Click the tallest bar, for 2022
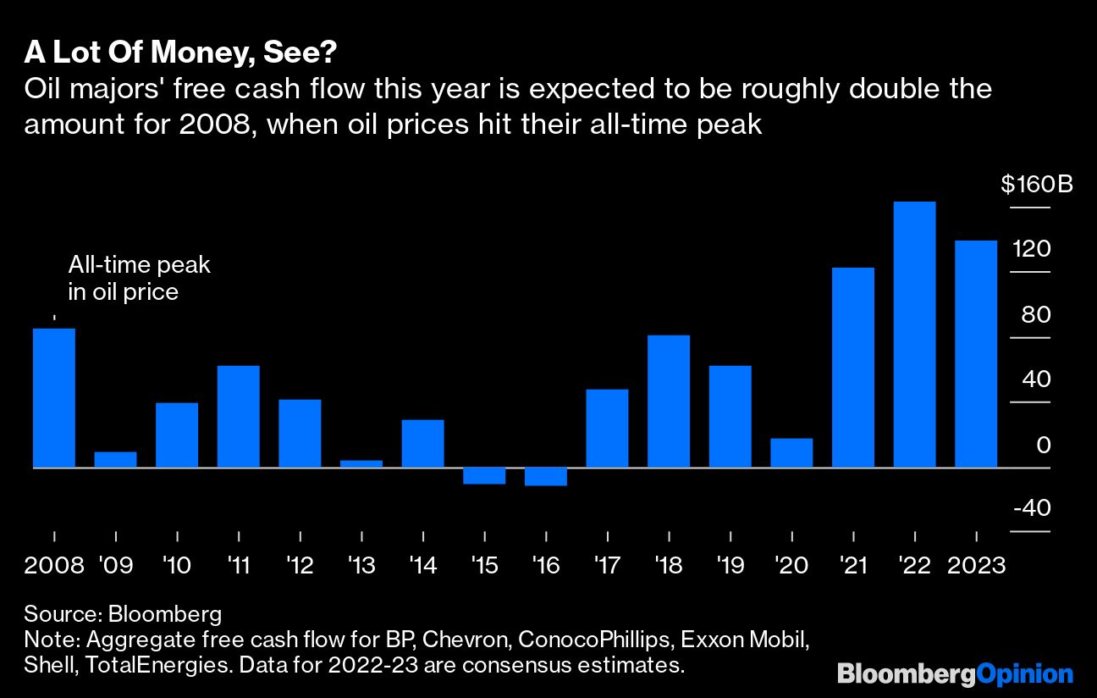point(914,335)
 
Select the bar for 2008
point(54,398)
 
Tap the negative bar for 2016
point(546,476)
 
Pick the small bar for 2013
point(361,463)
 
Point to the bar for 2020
point(791,452)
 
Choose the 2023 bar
point(976,354)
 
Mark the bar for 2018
point(669,402)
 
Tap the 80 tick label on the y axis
point(1035,315)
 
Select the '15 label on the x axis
point(484,565)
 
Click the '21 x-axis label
point(853,565)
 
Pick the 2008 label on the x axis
point(54,565)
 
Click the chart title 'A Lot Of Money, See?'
point(181,53)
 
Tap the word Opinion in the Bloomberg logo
point(1025,674)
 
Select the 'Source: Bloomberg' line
point(123,614)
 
